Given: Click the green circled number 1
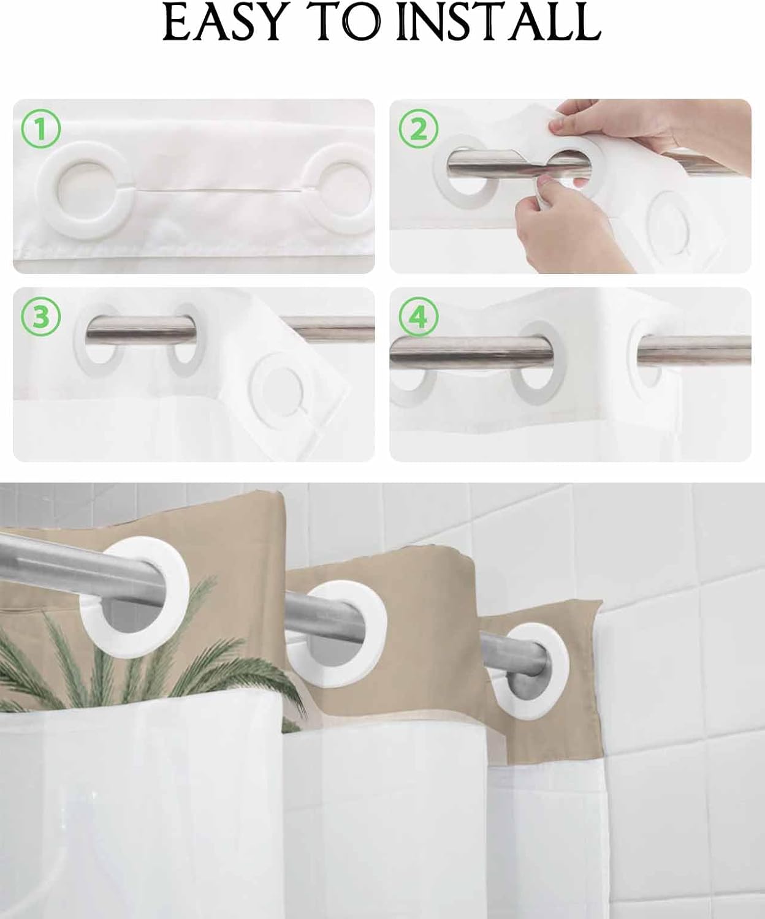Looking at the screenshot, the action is [x=41, y=129].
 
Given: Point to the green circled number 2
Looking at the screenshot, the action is [x=419, y=129].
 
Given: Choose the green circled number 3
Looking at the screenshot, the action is [x=41, y=317].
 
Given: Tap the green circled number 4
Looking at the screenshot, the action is [x=419, y=317].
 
